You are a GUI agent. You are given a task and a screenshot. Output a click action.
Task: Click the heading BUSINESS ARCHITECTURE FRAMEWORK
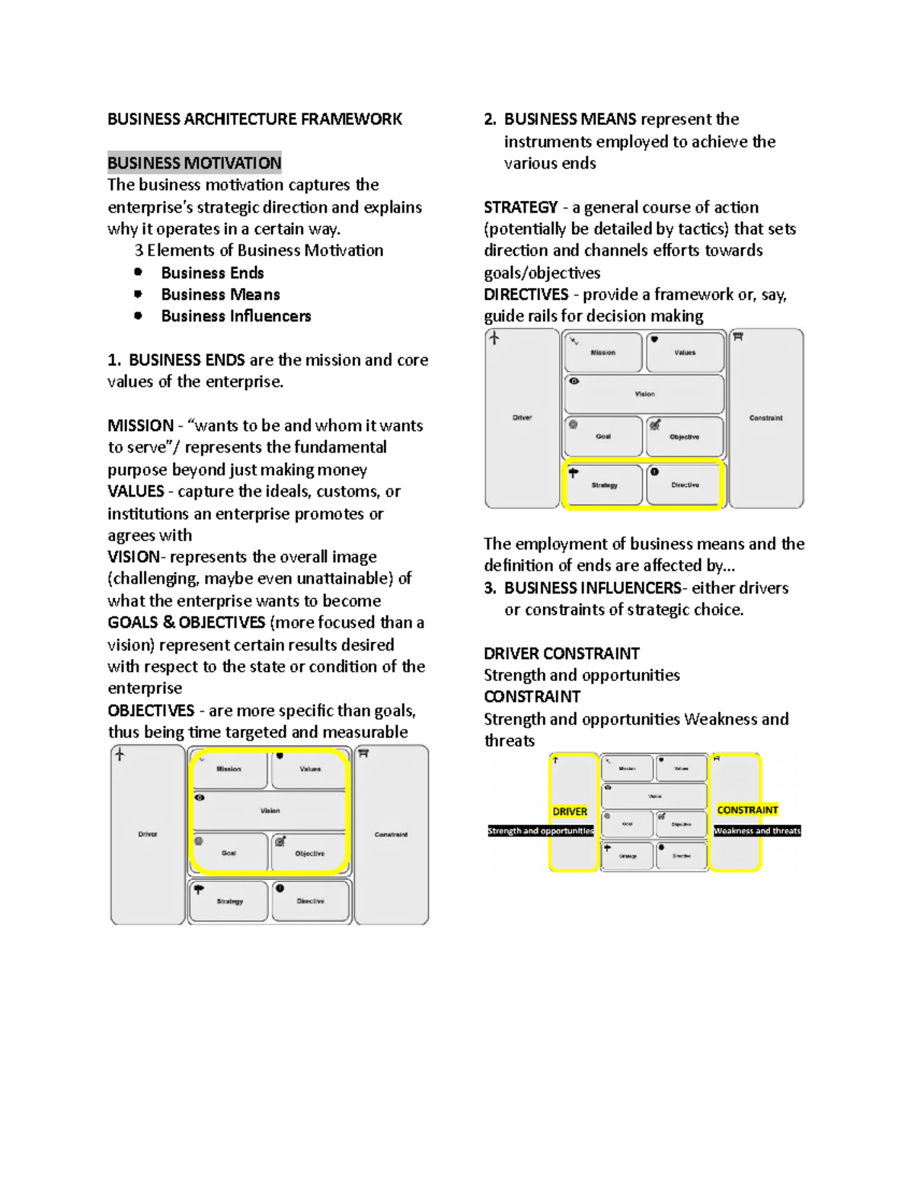click(254, 119)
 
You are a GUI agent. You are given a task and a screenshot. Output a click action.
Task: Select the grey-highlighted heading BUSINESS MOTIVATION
click(194, 162)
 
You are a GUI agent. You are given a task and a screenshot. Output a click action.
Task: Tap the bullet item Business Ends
click(213, 273)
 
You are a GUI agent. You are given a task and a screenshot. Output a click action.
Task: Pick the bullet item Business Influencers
click(236, 316)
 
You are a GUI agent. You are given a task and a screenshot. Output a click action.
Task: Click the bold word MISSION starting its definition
click(141, 426)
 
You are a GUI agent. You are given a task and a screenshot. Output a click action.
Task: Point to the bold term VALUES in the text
click(136, 491)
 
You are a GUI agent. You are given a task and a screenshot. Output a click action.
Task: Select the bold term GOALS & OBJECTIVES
click(187, 622)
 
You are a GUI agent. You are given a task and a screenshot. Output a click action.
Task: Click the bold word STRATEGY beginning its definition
click(521, 207)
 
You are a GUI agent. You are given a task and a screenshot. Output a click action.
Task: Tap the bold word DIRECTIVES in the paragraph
click(526, 295)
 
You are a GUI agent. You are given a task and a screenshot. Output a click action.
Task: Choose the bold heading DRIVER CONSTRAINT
click(561, 654)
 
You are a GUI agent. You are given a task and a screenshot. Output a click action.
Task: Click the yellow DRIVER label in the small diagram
click(570, 811)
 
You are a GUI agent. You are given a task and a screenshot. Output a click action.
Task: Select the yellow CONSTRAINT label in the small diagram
click(747, 810)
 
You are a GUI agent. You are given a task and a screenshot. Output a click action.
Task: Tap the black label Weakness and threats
click(757, 831)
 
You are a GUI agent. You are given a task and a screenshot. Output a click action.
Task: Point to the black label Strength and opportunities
click(541, 831)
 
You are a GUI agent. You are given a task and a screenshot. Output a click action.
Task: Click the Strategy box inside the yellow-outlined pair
click(603, 484)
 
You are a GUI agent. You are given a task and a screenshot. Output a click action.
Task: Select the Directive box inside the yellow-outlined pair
click(685, 484)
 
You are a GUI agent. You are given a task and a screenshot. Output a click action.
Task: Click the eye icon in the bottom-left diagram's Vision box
click(200, 798)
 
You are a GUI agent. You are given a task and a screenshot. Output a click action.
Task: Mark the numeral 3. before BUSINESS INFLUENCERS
click(490, 588)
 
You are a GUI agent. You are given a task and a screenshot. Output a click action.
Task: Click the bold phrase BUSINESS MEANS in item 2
click(570, 119)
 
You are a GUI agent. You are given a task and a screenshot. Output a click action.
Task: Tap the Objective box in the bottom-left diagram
click(309, 852)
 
